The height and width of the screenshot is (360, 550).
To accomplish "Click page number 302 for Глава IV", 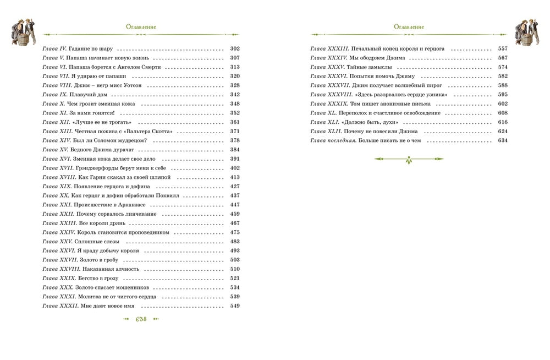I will tap(235, 48).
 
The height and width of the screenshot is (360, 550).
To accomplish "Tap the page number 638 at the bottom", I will tap(140, 320).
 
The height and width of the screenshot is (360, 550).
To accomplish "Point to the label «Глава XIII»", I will tap(54, 131).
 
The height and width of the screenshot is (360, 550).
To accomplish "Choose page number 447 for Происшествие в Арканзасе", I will tap(235, 205).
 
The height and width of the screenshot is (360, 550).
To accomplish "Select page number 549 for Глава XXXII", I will tap(235, 306).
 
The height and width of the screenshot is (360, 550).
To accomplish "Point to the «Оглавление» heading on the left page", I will tap(140, 26).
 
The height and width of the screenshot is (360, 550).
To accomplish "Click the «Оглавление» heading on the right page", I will tap(409, 26).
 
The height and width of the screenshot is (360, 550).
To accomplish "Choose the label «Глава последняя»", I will tap(330, 140).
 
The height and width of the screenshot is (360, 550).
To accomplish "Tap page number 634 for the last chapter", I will tap(502, 140).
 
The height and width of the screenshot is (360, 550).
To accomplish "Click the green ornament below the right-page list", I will tap(408, 160).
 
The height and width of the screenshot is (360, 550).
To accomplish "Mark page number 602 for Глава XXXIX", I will tap(502, 103).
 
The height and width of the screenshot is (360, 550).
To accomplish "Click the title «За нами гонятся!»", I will tap(91, 113).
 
